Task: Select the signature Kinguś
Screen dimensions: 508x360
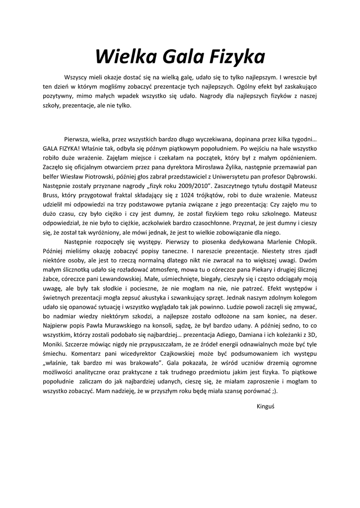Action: pos(266,405)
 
